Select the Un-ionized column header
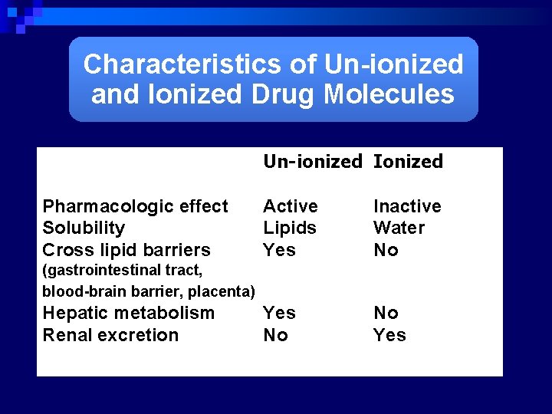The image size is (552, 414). pos(312,162)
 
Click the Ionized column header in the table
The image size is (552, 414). pos(408,162)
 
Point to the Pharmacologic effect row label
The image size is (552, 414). pos(135,206)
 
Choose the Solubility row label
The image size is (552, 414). pos(84,228)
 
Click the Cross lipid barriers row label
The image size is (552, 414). pos(126,250)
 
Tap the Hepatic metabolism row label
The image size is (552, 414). pos(128,313)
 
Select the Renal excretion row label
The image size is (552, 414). pos(110,335)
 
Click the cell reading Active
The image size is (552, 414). pos(290,206)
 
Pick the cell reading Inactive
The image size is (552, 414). pos(407,206)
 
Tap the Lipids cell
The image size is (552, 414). pos(290,228)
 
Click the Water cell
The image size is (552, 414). pos(399,228)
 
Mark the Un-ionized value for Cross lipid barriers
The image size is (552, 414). pos(279,250)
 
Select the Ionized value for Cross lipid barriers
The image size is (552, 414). pos(386,250)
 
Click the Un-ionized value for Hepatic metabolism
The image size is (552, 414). pos(279,313)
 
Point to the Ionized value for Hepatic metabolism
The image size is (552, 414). pos(386,313)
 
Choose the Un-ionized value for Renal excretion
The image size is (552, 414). pos(275,335)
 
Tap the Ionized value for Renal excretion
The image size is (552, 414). pos(389,335)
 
